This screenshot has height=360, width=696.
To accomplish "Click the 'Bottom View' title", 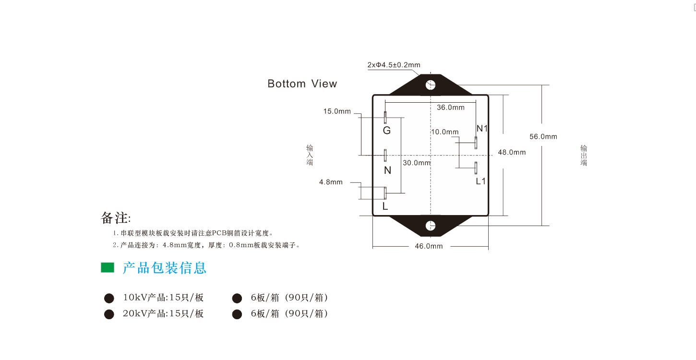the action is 302,84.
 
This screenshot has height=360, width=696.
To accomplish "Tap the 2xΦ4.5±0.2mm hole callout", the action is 394,65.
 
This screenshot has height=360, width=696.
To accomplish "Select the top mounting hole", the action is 431,85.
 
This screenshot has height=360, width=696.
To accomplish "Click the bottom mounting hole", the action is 431,226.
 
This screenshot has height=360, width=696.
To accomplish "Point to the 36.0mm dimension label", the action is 451,108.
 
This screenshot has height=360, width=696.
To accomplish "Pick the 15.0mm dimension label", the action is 337,111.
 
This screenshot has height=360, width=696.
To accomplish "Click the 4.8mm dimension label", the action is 331,182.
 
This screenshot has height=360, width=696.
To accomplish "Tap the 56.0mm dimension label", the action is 543,137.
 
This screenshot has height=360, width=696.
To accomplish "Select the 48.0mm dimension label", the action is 512,152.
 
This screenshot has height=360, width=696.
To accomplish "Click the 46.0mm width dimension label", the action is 429,246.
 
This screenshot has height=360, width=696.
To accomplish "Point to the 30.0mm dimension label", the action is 417,163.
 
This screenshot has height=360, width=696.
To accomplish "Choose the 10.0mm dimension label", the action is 444,132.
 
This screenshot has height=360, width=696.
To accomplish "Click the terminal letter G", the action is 387,131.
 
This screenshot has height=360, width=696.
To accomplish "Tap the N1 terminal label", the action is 482,128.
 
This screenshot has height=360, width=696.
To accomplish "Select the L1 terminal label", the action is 480,181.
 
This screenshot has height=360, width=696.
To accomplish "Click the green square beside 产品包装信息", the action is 108,267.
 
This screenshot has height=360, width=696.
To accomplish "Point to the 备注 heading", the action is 116,218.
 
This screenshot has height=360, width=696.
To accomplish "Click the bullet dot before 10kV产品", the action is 109,298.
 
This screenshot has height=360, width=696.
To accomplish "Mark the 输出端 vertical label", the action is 584,156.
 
